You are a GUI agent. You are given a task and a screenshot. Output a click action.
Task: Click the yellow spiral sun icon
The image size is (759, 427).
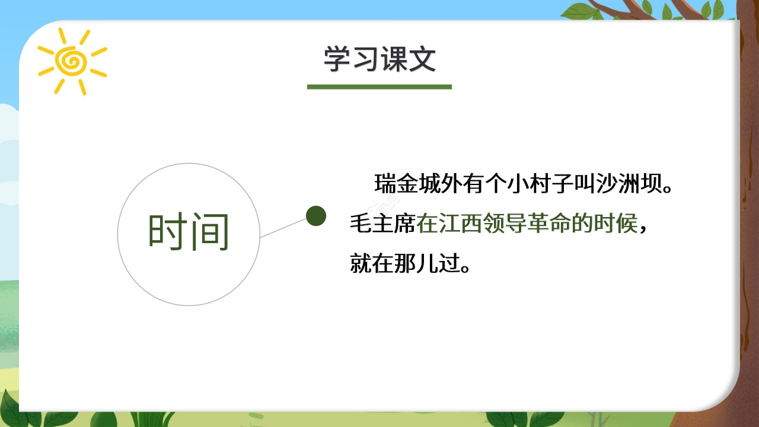click(x=72, y=60)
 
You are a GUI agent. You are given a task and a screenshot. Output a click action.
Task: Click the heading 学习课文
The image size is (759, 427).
click(x=379, y=59)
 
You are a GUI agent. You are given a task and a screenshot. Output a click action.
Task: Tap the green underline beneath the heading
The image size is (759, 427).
click(x=379, y=87)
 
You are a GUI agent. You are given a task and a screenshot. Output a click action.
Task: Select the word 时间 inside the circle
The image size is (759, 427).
click(x=189, y=232)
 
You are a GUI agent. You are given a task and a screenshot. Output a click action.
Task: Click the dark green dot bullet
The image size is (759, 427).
click(x=315, y=216)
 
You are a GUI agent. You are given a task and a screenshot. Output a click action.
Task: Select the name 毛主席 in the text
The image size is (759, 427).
click(x=383, y=224)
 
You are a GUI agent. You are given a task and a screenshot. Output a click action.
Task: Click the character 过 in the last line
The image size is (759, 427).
click(x=451, y=263)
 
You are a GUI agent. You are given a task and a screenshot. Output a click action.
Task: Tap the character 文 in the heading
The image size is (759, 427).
click(x=422, y=59)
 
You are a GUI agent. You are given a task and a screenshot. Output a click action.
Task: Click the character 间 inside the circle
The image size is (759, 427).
click(x=209, y=232)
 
